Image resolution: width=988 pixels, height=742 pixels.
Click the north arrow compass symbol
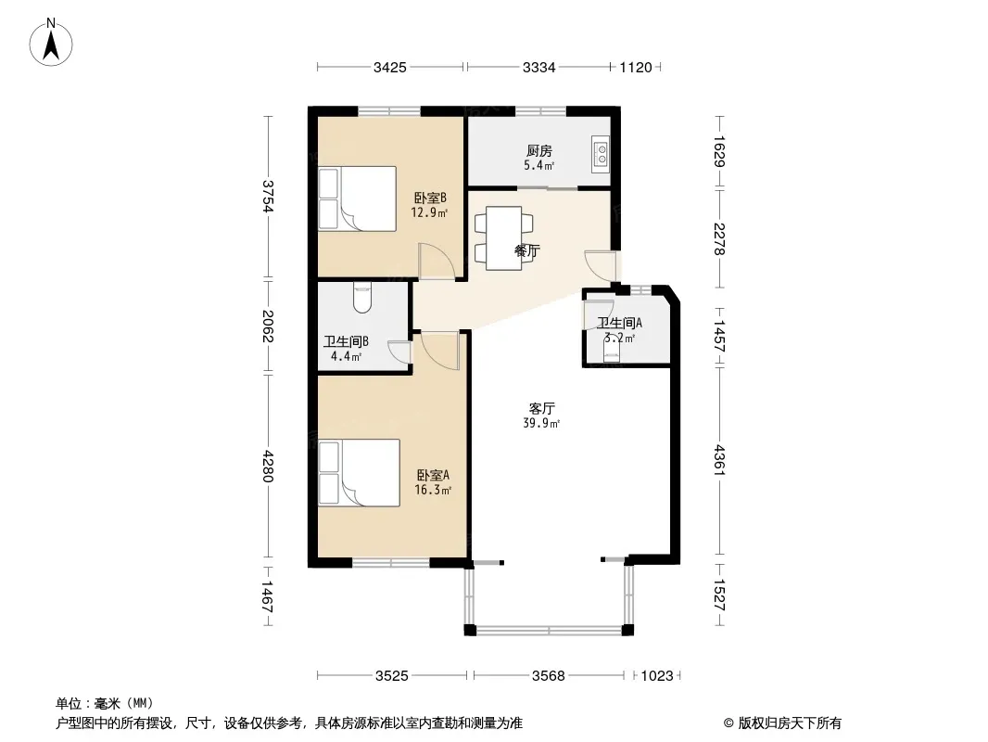point(51,43)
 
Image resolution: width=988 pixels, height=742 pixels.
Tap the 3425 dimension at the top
point(390,68)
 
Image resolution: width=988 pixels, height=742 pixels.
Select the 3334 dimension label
point(538,68)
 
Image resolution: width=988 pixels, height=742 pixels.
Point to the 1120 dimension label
point(635,68)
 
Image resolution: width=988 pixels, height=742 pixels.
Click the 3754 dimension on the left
point(269,198)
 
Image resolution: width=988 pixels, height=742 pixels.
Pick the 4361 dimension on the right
point(719,460)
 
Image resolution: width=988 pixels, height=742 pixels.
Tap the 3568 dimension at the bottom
point(548,676)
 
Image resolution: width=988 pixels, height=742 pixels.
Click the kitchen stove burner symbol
point(601,155)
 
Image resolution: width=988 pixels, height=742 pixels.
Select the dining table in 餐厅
point(503,237)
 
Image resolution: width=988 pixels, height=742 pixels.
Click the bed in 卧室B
point(357,198)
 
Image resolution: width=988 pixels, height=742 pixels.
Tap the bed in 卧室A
point(360,473)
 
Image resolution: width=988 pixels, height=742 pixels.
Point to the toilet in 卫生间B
point(363,298)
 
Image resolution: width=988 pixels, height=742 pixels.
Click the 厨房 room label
point(539,151)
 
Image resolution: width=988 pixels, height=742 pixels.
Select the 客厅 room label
point(541,408)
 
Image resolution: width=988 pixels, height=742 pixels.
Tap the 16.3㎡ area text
point(433,490)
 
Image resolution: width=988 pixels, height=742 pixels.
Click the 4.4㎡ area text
point(346,356)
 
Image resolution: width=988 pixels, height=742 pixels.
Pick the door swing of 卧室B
point(437,261)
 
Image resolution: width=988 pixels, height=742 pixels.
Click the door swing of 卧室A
point(440,351)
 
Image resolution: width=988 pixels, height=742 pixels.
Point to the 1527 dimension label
point(719,595)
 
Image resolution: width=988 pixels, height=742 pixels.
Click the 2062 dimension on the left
point(269,326)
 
